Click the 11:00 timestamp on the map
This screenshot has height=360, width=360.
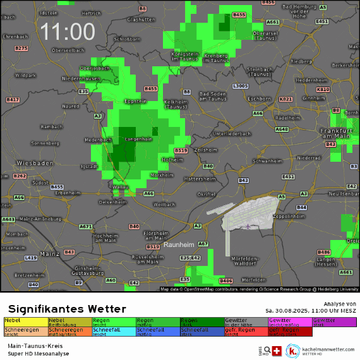coord(68,32)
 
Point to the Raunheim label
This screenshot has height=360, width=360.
coord(179,244)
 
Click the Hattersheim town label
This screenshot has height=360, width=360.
coord(200,179)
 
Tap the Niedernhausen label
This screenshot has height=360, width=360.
coord(81,78)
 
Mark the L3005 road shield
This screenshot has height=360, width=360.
coord(240,86)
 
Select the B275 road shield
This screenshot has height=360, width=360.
coord(21,48)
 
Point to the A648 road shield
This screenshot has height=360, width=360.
coord(282,129)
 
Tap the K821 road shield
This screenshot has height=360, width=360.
coord(286,99)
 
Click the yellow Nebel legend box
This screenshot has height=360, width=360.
coord(26,322)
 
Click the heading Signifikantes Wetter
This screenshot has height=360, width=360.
coord(67,309)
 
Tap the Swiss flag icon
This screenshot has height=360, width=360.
coord(276,351)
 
